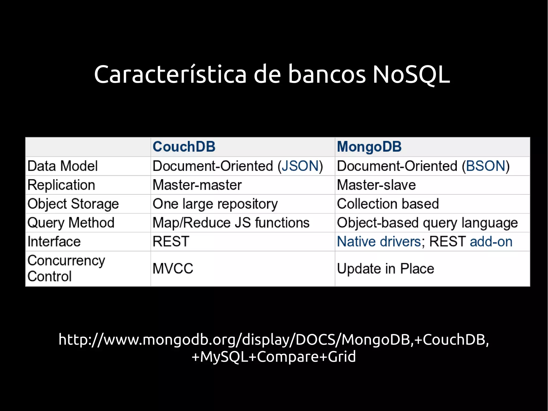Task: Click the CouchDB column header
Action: point(184,147)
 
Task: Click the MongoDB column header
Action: point(369,147)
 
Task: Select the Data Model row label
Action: point(63,166)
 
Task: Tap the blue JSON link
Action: point(300,166)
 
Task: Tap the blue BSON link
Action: point(485,166)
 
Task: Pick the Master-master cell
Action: point(197,185)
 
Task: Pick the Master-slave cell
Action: point(376,185)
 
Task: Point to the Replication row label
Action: point(61,185)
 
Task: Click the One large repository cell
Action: point(215,204)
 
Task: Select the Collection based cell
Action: point(388,204)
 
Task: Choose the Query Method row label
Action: point(71,223)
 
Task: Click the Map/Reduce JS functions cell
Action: point(231,223)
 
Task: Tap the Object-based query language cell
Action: point(427,223)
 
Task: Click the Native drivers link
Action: point(379,242)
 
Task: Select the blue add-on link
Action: point(491,242)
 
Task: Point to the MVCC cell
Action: point(173,269)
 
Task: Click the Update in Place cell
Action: point(385,269)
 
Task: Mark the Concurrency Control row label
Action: point(66,268)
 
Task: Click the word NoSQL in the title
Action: point(411,74)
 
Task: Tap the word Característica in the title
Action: point(170,74)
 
